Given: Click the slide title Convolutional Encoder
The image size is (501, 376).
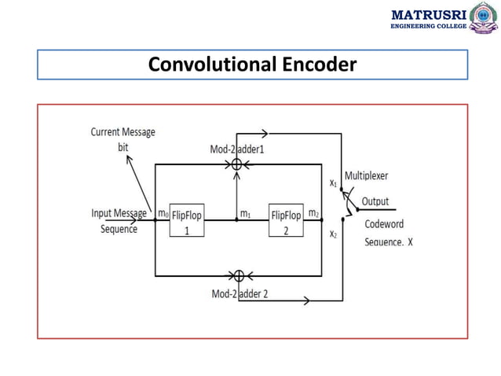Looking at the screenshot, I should tap(252, 65).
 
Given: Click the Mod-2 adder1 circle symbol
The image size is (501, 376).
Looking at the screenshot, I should tap(236, 164).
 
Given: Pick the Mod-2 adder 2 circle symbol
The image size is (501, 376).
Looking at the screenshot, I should tap(238, 275).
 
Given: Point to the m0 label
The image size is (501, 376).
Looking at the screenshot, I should tap(163, 213).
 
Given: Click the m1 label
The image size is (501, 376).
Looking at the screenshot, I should tap(245, 213).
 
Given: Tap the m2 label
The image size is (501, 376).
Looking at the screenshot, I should tap(313, 213).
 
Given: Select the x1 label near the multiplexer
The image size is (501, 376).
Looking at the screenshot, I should tap(333, 182).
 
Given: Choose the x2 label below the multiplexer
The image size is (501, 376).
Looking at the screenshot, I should tap(333, 234).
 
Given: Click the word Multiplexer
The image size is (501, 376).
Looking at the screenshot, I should tap(366, 175).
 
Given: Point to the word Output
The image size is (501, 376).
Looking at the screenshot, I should tap(375, 201).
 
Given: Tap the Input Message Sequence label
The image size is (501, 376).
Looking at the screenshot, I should tap(119, 221).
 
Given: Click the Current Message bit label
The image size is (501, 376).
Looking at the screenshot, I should tap(123, 139).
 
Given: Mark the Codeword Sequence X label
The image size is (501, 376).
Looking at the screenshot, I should tap(388, 233).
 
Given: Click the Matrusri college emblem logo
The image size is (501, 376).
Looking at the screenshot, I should tap(483, 17).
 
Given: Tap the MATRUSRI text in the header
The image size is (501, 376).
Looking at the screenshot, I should tap(429, 13).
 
